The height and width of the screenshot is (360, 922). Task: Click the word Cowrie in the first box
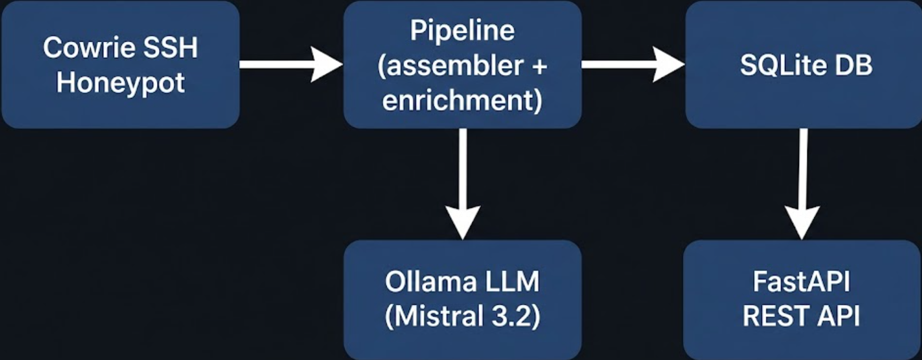click(88, 48)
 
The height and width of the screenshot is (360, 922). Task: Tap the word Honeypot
click(120, 83)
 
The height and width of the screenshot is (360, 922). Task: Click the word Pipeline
click(462, 31)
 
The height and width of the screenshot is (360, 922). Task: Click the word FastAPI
click(802, 282)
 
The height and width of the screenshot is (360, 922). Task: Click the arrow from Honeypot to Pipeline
click(291, 64)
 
